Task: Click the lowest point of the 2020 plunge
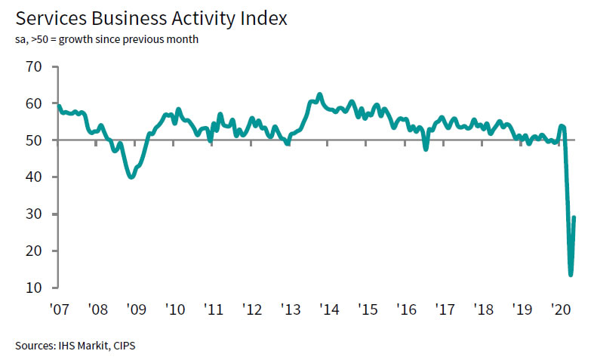pos(571,275)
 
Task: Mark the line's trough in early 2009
pos(132,177)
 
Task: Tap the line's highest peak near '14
pos(320,94)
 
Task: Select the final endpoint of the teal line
pos(575,217)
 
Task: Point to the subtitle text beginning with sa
pos(106,39)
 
